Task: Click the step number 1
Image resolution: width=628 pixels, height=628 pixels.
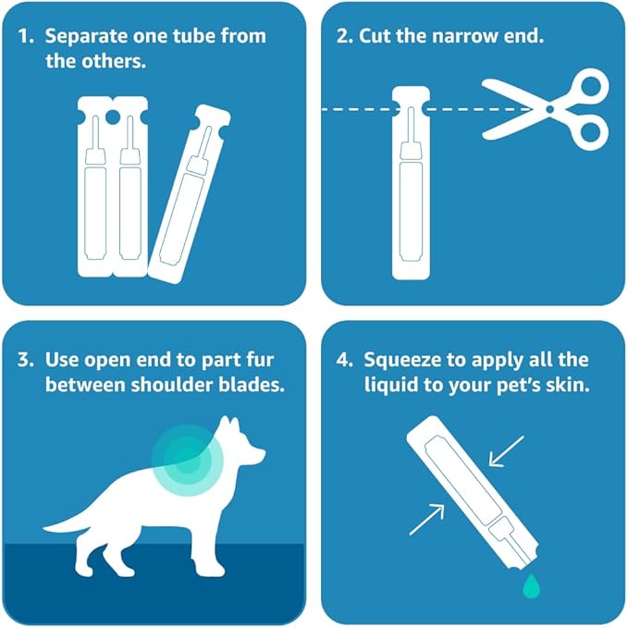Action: pos(27,36)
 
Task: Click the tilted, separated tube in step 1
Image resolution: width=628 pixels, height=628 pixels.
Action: pos(189,194)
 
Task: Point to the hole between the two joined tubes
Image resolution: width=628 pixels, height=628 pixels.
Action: pos(113,117)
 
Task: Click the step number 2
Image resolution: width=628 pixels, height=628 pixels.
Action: pos(344,36)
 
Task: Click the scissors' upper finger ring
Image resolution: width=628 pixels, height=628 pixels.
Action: pos(591,86)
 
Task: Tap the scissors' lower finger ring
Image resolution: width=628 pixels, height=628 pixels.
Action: pos(589,131)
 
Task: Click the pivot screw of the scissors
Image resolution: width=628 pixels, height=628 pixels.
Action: pos(550,109)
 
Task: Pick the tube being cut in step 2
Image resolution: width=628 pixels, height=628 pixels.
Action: pos(411,183)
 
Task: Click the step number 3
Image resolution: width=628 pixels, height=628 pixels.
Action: pos(26,359)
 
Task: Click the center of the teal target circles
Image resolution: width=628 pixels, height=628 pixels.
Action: pos(187,461)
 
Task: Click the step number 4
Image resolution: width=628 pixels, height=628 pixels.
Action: pos(344,359)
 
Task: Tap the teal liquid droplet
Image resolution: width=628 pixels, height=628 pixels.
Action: pos(532,586)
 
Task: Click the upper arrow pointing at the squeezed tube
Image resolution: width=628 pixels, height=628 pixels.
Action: pos(507,451)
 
